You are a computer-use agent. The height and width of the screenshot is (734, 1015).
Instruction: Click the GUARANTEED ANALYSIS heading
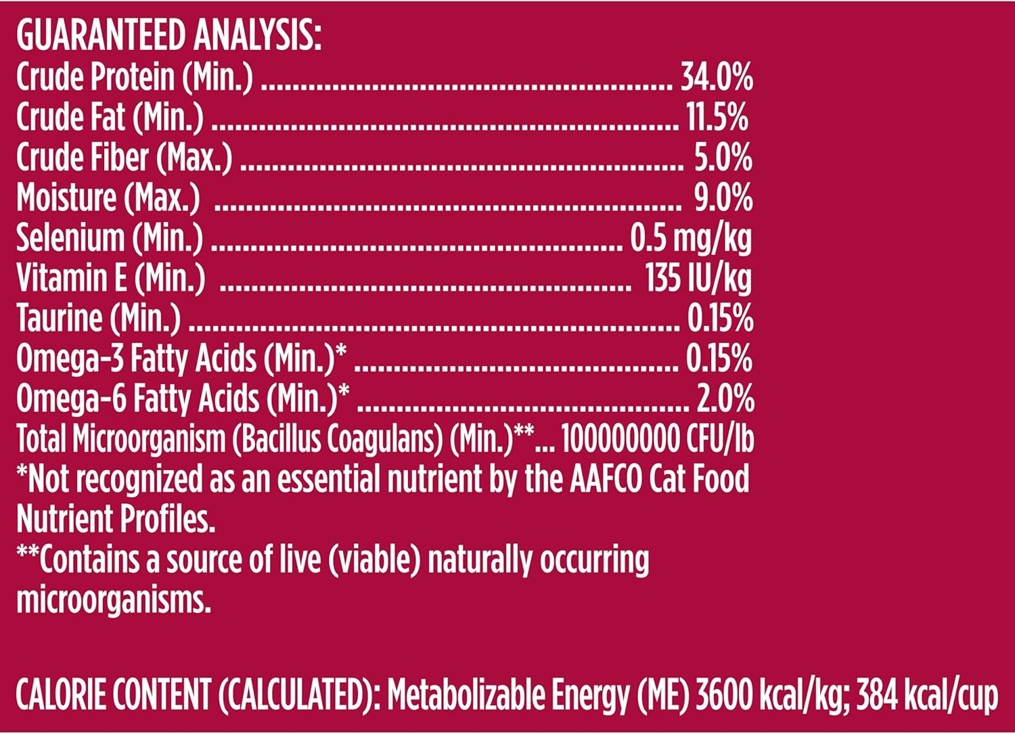[169, 36]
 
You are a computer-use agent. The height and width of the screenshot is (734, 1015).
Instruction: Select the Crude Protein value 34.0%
[716, 78]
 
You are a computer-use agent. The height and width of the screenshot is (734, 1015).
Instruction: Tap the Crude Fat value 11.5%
[717, 118]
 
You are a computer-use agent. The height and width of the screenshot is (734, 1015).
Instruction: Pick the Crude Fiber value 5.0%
[723, 158]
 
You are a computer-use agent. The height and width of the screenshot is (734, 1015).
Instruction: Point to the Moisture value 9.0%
[723, 198]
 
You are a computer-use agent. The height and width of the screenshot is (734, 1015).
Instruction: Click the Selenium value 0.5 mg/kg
[690, 238]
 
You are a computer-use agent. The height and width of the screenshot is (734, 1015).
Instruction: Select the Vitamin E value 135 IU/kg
[698, 278]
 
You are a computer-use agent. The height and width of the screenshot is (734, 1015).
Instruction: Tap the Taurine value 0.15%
[720, 318]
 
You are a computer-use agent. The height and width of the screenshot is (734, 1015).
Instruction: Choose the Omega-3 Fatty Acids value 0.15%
[719, 359]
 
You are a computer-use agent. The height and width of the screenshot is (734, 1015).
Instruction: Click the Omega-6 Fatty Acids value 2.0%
[725, 398]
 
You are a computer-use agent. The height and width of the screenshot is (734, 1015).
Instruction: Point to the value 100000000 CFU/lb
[657, 439]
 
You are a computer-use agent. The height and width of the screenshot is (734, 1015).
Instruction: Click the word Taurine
[60, 318]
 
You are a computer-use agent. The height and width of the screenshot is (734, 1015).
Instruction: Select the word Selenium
[70, 238]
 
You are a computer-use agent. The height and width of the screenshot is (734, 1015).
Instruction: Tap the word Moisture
[66, 198]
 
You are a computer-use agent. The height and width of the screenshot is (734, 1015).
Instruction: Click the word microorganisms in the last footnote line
[113, 600]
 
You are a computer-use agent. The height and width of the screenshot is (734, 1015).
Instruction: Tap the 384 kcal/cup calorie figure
[927, 695]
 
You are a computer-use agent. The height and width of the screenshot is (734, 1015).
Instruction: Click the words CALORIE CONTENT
[113, 695]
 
